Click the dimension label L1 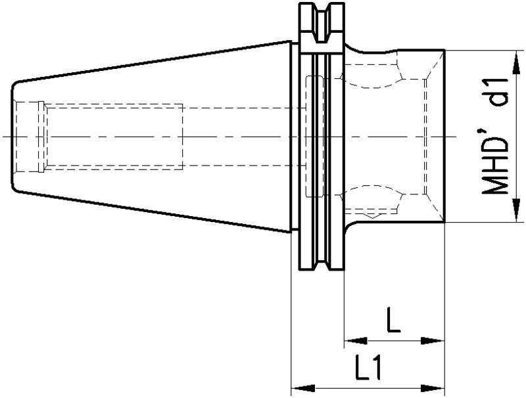(x=368, y=368)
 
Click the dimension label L (x=393, y=320)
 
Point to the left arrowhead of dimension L (x=356, y=341)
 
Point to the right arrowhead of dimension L (x=433, y=341)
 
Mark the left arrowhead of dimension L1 (x=303, y=389)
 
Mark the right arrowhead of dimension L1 (x=433, y=389)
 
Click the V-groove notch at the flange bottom (x=322, y=263)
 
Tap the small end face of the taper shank (x=12, y=137)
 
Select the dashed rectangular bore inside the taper (x=114, y=137)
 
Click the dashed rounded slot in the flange (x=315, y=137)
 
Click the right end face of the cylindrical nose (x=445, y=136)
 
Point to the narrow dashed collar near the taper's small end (x=41, y=137)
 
